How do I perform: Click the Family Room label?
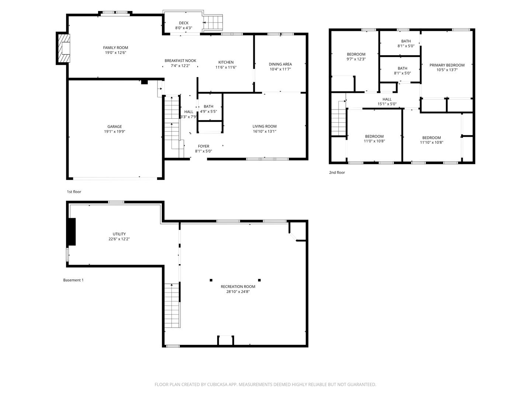115,48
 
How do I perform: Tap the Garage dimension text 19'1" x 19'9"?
115,132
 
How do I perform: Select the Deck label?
184,23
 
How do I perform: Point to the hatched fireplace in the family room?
63,48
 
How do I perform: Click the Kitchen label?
226,62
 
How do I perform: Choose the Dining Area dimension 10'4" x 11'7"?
280,69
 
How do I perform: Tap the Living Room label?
264,126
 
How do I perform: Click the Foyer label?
204,146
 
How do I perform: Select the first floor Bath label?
208,107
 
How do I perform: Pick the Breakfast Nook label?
180,61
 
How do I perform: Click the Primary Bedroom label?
447,65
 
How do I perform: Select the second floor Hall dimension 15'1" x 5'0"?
387,104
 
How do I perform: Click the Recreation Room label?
238,287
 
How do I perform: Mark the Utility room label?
119,234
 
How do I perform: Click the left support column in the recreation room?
211,280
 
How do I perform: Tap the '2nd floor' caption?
337,172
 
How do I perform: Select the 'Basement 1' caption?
73,280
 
